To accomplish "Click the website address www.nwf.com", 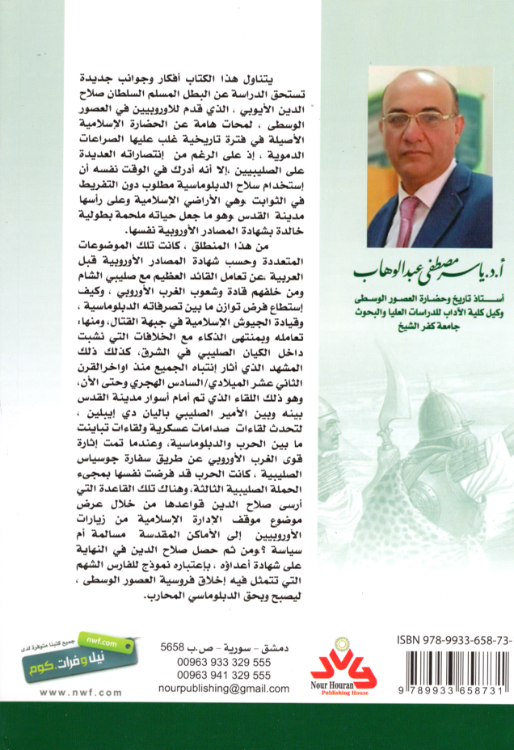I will tap(80, 693).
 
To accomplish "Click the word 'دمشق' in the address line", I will tap(276, 647).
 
